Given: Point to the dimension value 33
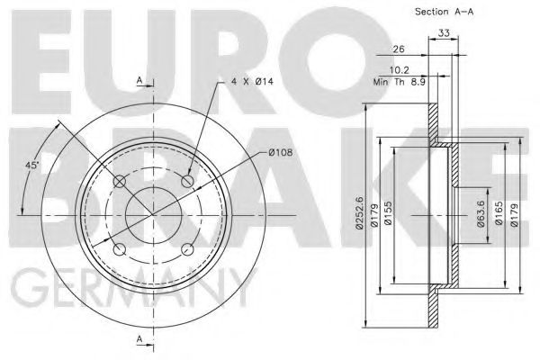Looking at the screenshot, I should tap(443, 33).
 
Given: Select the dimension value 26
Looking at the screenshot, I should tap(399, 50).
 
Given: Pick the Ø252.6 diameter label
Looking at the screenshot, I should tap(360, 214).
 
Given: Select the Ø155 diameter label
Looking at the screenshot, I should tap(402, 214).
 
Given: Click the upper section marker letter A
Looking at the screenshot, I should tap(139, 82).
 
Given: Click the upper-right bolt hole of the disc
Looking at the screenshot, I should tap(188, 183).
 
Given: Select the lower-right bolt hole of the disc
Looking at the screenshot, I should tap(188, 251).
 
